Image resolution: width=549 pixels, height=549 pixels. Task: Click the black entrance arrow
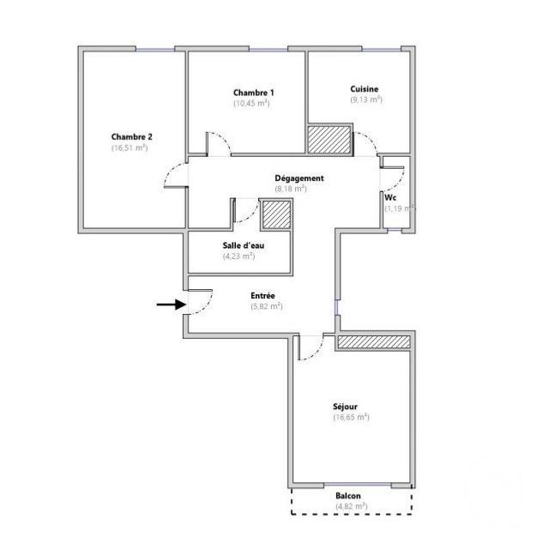(168, 304)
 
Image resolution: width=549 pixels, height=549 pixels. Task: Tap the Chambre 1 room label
(253, 93)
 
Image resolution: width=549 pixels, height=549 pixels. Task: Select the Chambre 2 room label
(131, 136)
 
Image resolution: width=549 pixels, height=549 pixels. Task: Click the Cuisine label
(365, 89)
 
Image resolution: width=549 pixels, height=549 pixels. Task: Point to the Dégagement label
(299, 178)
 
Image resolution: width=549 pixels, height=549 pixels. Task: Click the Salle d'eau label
(238, 245)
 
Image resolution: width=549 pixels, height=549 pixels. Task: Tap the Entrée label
(263, 295)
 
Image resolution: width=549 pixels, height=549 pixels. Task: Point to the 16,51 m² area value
(129, 148)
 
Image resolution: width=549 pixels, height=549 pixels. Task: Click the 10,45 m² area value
(252, 103)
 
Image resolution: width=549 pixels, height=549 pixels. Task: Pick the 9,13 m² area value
(365, 100)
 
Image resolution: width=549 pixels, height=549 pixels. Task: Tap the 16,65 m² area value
(351, 417)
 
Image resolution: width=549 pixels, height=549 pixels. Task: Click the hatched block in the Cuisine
(329, 140)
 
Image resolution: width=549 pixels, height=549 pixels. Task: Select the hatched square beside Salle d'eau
(276, 214)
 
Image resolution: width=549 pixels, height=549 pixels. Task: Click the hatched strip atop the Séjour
(373, 342)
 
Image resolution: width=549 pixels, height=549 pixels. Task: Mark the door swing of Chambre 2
(175, 175)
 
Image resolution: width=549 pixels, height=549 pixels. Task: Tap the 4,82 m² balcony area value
(351, 506)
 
